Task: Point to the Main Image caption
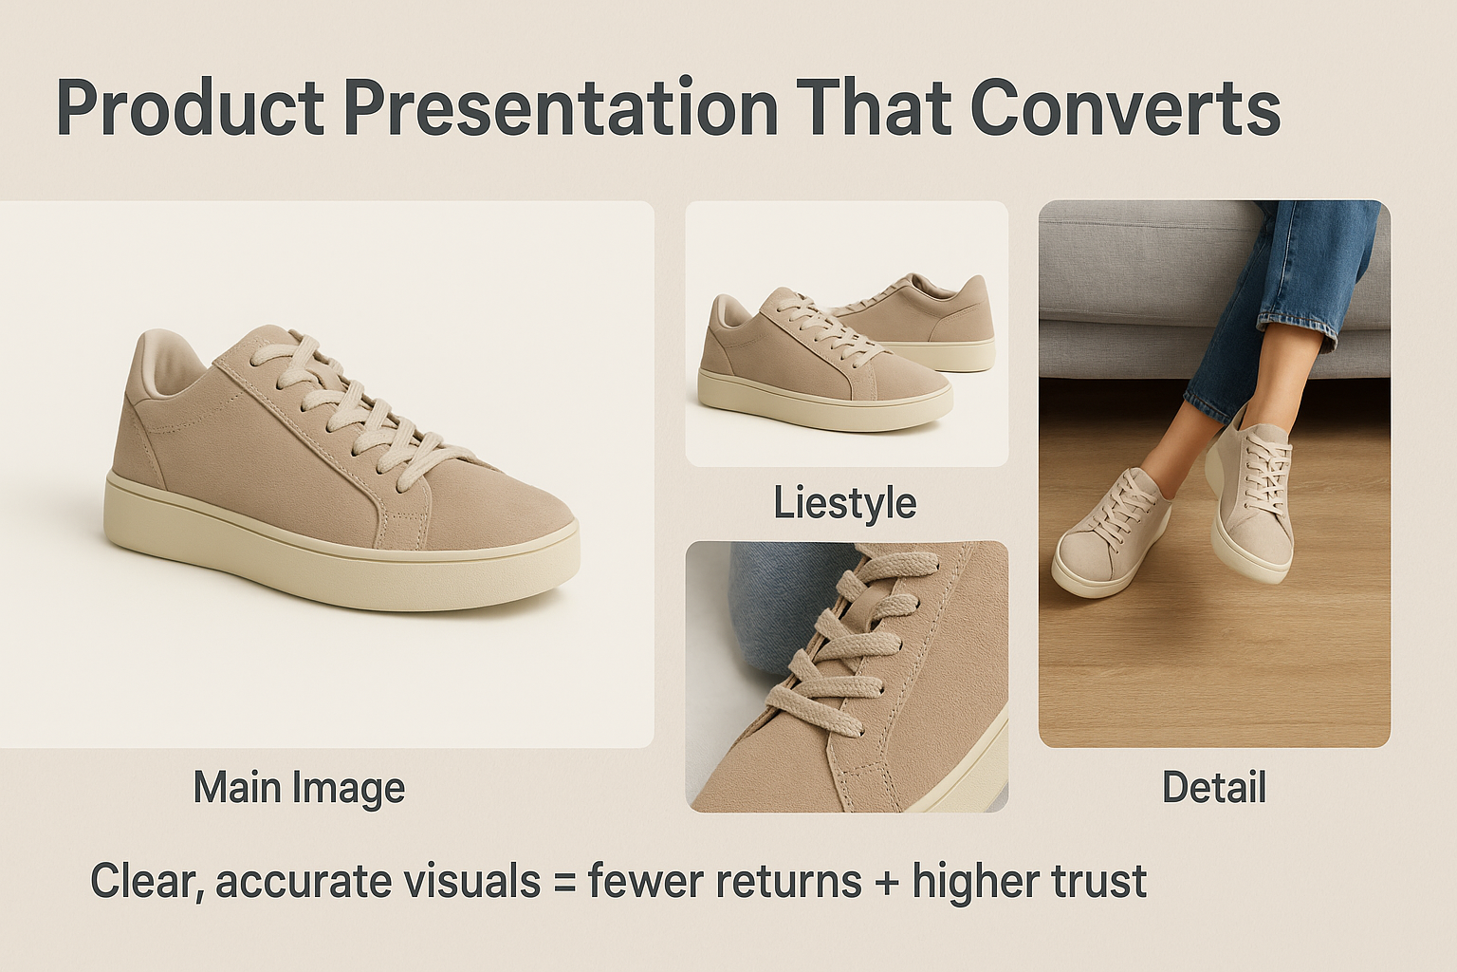299,788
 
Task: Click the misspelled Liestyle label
844,503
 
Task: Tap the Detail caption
1213,788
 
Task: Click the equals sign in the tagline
564,882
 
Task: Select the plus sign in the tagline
887,882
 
